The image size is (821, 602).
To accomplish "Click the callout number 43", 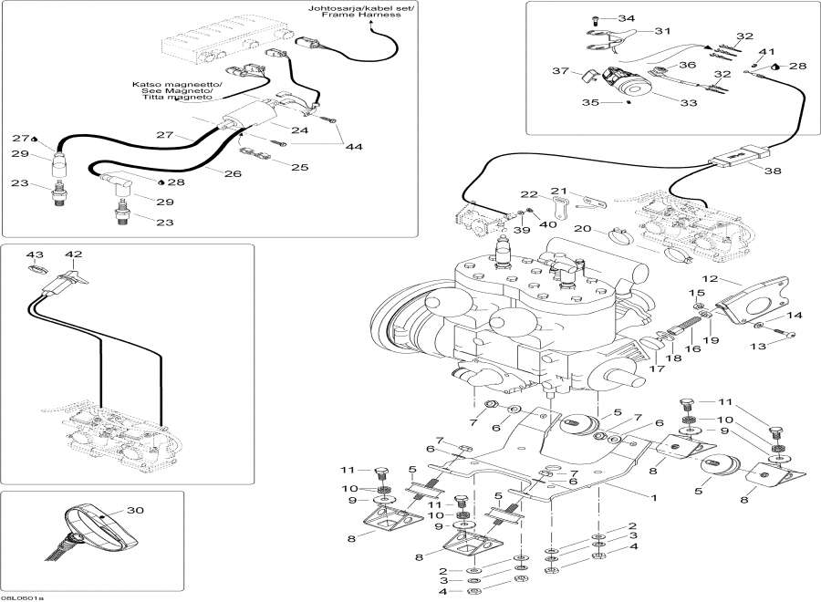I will pos(35,254).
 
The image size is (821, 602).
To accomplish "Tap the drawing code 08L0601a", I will pos(22,597).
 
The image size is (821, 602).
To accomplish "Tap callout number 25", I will pos(299,166).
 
